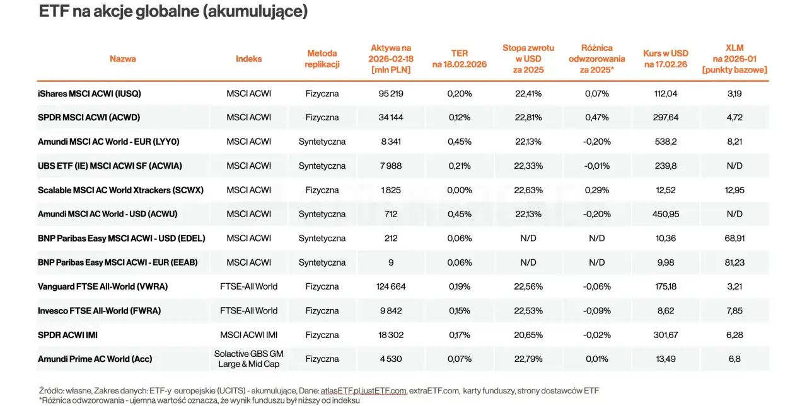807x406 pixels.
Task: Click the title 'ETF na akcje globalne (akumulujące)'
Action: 173,11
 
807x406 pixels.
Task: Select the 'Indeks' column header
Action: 249,59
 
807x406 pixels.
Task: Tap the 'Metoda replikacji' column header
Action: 322,59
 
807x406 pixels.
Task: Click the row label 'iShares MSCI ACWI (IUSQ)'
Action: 90,94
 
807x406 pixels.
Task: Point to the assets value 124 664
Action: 391,286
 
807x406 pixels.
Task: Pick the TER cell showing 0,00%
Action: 460,190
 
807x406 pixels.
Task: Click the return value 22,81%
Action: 528,118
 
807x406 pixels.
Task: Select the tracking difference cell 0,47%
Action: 596,118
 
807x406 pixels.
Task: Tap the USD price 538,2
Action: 666,142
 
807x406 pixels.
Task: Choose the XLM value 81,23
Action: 734,262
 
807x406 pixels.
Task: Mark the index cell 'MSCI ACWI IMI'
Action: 249,335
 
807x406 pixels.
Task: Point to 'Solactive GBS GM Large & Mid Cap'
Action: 249,359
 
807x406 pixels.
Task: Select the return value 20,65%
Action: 528,335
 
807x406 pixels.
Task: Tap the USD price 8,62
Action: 666,311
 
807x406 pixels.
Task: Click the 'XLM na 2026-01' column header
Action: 734,59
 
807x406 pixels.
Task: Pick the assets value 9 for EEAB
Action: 391,262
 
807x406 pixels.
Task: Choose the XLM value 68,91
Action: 734,239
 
